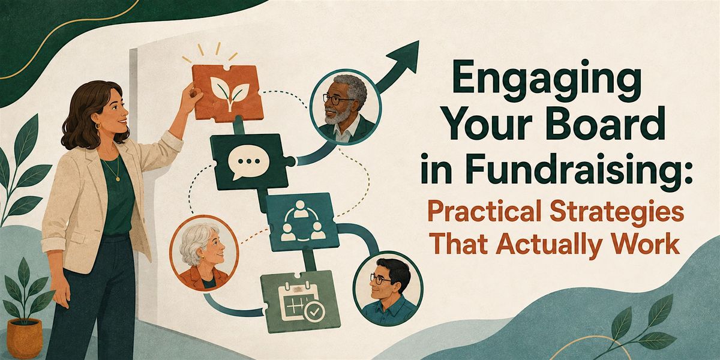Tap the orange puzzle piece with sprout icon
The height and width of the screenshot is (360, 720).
click(x=227, y=93)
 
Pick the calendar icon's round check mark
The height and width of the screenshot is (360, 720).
click(x=314, y=311)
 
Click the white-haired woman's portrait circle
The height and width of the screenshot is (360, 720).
click(x=204, y=253)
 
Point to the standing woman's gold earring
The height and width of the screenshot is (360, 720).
click(x=98, y=125)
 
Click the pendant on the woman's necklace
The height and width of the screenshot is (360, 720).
click(x=118, y=179)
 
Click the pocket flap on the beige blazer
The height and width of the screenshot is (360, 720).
click(x=77, y=238)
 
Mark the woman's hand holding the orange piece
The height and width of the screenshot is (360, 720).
click(x=192, y=93)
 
